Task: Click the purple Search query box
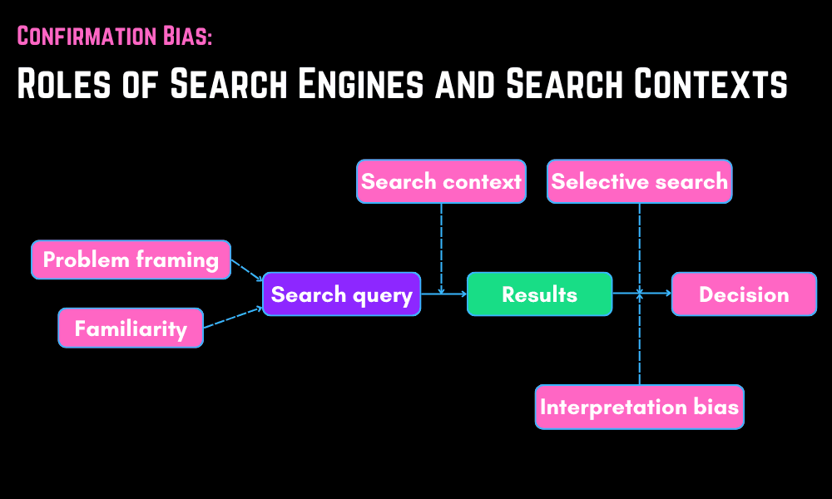coord(342,294)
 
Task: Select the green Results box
coord(539,294)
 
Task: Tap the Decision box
coord(744,294)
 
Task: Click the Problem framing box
coord(131,259)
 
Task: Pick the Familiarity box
coord(131,328)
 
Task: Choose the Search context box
coord(441,181)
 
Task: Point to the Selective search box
coord(639,181)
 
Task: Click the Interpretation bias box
coord(639,407)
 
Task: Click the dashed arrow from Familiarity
coord(233,317)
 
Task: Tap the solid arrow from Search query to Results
coord(443,294)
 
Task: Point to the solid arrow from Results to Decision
coord(641,293)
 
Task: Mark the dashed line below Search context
coord(441,245)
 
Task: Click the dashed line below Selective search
coord(639,245)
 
